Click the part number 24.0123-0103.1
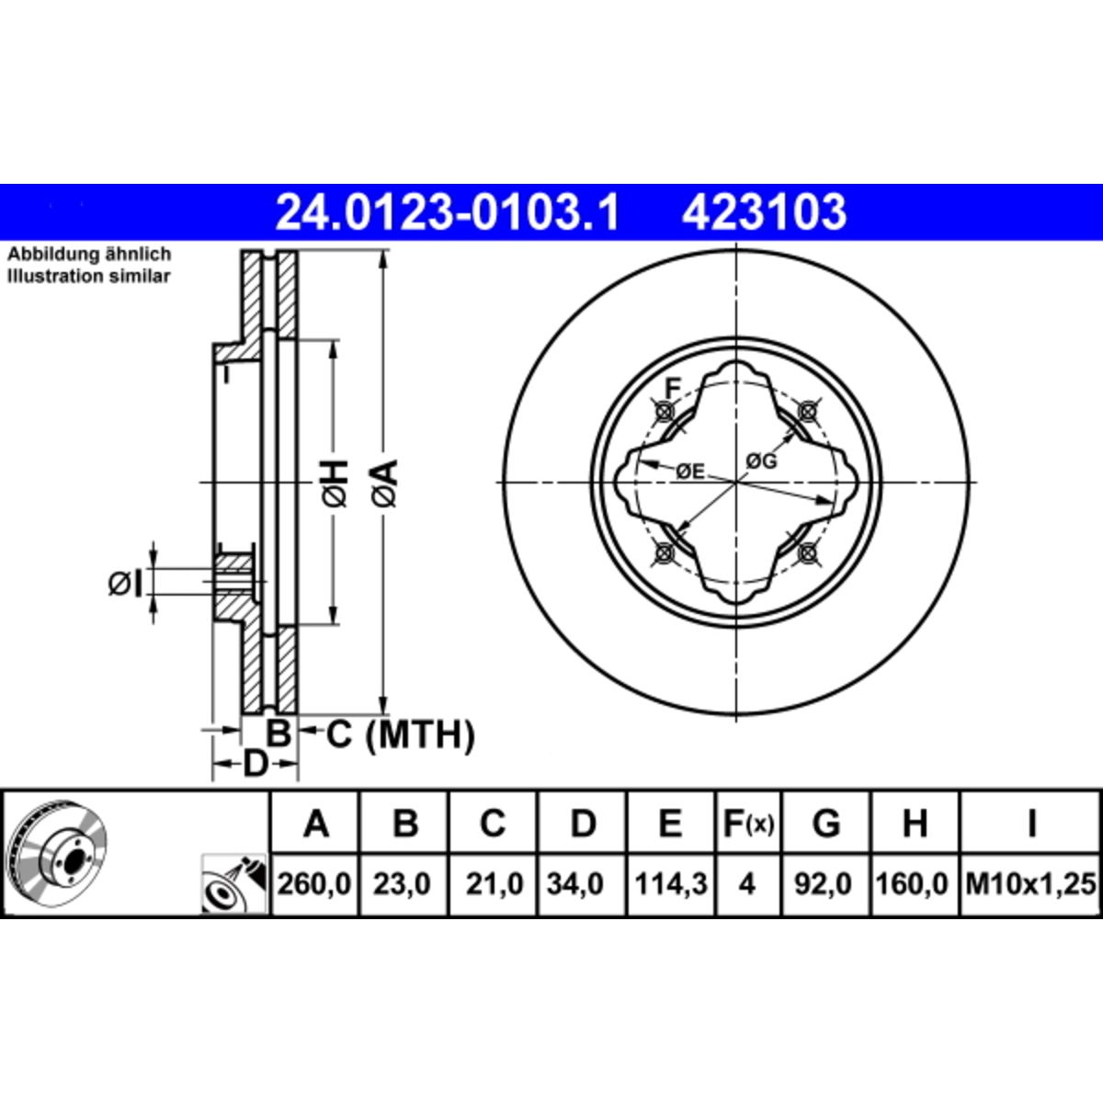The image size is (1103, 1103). pos(447,212)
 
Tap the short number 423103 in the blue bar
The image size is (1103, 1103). pos(764,212)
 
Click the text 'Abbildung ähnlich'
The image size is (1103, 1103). pos(89,254)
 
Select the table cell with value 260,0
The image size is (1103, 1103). pos(314,884)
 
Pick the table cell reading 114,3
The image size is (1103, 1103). pos(670,884)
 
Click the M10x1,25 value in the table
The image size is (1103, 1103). pos(1031,884)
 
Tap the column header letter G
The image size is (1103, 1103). pos(826,823)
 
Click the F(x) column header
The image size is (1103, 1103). pos(748,823)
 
